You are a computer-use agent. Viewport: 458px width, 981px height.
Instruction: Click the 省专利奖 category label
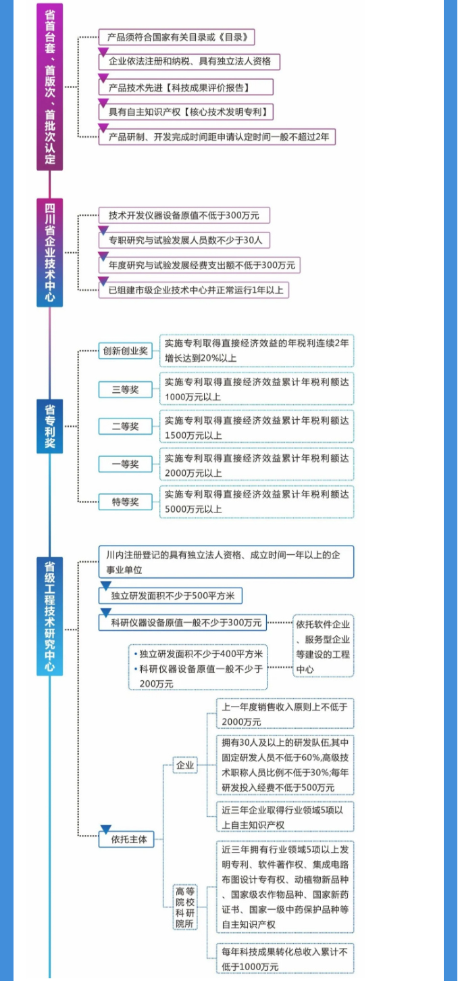(49, 426)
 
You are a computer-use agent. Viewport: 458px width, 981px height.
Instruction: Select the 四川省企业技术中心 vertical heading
(49, 253)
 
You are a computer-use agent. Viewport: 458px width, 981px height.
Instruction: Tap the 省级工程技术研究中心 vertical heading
(49, 616)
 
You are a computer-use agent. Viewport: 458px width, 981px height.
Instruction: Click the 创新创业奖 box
(126, 351)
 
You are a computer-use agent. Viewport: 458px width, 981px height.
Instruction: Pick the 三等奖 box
(126, 389)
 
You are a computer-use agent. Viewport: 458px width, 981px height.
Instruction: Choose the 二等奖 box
(126, 426)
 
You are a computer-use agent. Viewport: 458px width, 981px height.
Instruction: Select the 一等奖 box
(126, 464)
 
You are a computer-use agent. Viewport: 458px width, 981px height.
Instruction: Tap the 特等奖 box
(126, 502)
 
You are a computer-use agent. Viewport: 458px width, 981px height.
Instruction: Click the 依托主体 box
(126, 839)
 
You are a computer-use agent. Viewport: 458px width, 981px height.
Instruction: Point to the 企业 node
(185, 765)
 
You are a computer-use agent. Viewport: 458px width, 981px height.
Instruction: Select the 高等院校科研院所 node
(185, 907)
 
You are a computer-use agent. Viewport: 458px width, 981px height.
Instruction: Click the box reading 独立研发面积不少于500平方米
(171, 596)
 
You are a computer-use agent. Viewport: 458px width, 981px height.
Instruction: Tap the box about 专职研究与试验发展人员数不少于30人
(184, 240)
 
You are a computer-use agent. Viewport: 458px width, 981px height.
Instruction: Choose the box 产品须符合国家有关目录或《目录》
(177, 37)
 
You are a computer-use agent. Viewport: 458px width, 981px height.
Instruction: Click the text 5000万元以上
(193, 509)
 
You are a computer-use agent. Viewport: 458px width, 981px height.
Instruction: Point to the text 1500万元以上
(193, 436)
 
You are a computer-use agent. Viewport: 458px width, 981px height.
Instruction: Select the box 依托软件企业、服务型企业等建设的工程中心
(323, 646)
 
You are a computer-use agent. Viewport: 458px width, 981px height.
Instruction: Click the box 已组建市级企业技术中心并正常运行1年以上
(194, 290)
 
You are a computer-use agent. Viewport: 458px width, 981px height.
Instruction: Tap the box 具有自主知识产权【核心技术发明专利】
(186, 112)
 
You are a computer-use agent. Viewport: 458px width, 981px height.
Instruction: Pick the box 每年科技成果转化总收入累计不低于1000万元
(285, 959)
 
